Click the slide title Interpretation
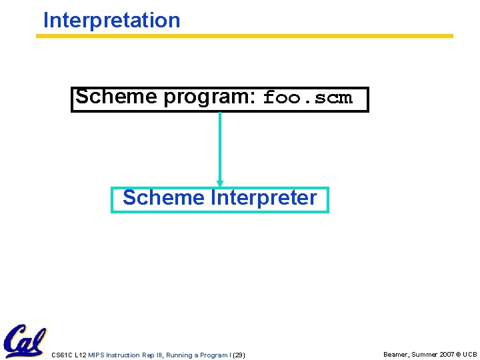tap(111, 20)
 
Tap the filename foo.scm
tap(307, 98)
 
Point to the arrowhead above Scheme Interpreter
tap(220, 182)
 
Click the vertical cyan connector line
tap(220, 147)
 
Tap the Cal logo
tap(24, 341)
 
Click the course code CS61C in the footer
tap(62, 355)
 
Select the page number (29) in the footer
tap(239, 355)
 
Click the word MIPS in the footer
tap(97, 355)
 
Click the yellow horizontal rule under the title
tap(244, 36)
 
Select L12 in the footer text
tap(81, 355)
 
